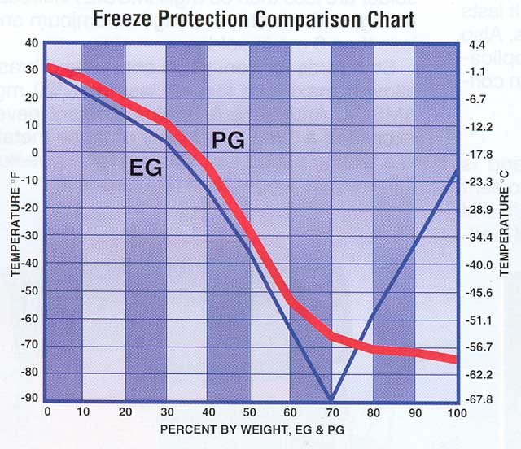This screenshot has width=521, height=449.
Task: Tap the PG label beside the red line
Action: point(229,140)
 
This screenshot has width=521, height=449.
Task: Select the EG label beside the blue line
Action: point(147,168)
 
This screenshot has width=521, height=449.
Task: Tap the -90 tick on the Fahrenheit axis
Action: point(31,399)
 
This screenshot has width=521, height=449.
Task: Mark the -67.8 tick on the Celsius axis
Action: point(479,399)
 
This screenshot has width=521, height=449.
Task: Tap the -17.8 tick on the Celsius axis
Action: point(479,154)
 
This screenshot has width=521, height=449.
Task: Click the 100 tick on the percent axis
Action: point(457,413)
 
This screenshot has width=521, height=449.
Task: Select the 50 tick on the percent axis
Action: point(250,413)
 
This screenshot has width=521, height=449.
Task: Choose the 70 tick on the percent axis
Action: point(332,413)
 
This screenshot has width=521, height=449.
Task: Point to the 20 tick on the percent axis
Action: point(125,413)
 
